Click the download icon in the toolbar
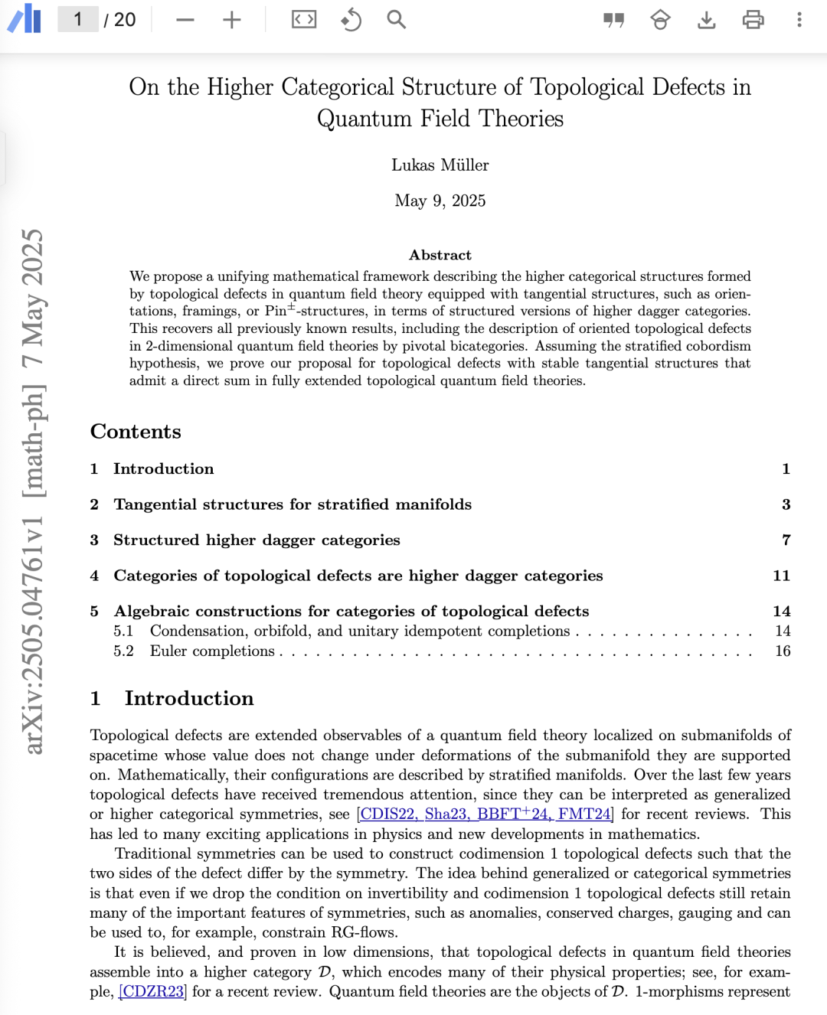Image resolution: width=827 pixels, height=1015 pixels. click(706, 20)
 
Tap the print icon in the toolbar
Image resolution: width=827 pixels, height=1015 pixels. click(753, 20)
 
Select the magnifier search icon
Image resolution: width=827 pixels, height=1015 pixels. click(396, 19)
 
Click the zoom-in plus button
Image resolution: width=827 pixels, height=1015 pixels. click(231, 20)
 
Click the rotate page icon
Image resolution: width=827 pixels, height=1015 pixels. click(351, 20)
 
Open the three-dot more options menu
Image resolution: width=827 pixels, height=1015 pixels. click(799, 20)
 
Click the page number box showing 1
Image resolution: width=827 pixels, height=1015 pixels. click(77, 19)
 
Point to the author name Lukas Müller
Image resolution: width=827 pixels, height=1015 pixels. click(440, 165)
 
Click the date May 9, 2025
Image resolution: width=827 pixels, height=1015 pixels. click(440, 201)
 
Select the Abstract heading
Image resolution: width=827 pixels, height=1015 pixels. click(440, 255)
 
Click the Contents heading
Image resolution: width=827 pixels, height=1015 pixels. click(136, 432)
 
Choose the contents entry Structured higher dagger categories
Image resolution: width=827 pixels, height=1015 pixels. click(257, 540)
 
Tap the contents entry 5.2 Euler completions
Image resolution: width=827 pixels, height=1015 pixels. click(212, 651)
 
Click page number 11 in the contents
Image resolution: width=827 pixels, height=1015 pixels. click(781, 576)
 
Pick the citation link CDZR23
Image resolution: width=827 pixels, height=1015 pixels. click(153, 992)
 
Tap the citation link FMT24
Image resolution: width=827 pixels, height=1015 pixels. click(585, 814)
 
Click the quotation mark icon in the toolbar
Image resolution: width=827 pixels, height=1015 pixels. click(613, 20)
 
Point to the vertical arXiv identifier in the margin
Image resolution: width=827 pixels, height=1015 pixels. click(33, 490)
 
